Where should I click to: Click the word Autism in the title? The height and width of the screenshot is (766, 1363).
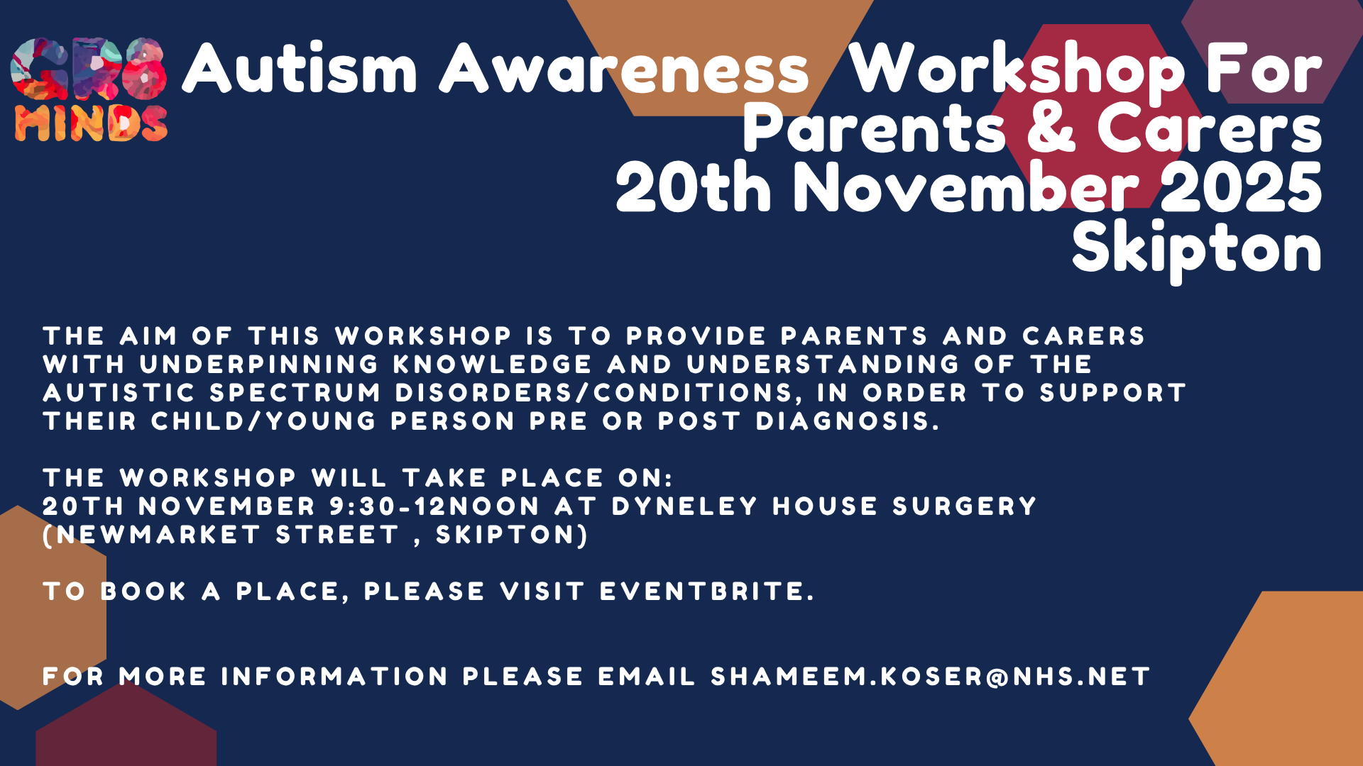300,69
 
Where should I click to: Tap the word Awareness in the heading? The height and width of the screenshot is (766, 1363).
624,69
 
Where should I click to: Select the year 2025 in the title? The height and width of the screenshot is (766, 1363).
1241,188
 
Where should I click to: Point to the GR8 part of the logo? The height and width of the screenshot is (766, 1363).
89,69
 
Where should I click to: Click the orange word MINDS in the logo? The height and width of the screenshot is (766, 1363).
91,124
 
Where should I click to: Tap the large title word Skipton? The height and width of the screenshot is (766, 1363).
1196,249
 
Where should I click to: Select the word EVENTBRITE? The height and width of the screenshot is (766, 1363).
706,592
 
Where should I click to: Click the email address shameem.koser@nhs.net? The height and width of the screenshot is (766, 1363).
930,677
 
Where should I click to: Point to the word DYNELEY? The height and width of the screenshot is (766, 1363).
684,506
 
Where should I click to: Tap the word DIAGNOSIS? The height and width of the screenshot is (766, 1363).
847,421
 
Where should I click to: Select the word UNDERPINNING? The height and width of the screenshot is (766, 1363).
259,365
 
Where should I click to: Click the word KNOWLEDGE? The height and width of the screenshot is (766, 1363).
492,365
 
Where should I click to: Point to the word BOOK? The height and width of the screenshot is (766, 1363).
143,592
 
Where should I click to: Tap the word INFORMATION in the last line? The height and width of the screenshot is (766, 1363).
334,677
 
